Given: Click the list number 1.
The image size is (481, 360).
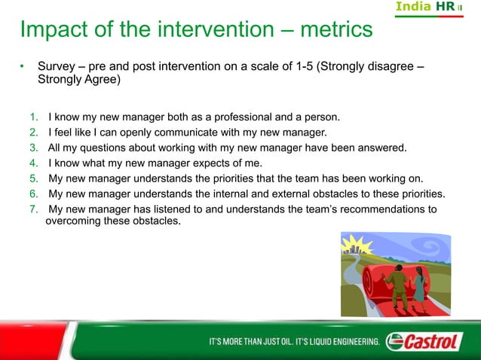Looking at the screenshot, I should pos(34,117).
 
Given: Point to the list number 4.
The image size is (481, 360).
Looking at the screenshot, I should pos(34,163).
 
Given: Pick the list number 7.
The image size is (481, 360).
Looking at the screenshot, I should pos(34,209).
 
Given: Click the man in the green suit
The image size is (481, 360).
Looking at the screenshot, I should pos(395,287).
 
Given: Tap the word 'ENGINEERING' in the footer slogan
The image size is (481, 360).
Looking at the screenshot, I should pos(348,343).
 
